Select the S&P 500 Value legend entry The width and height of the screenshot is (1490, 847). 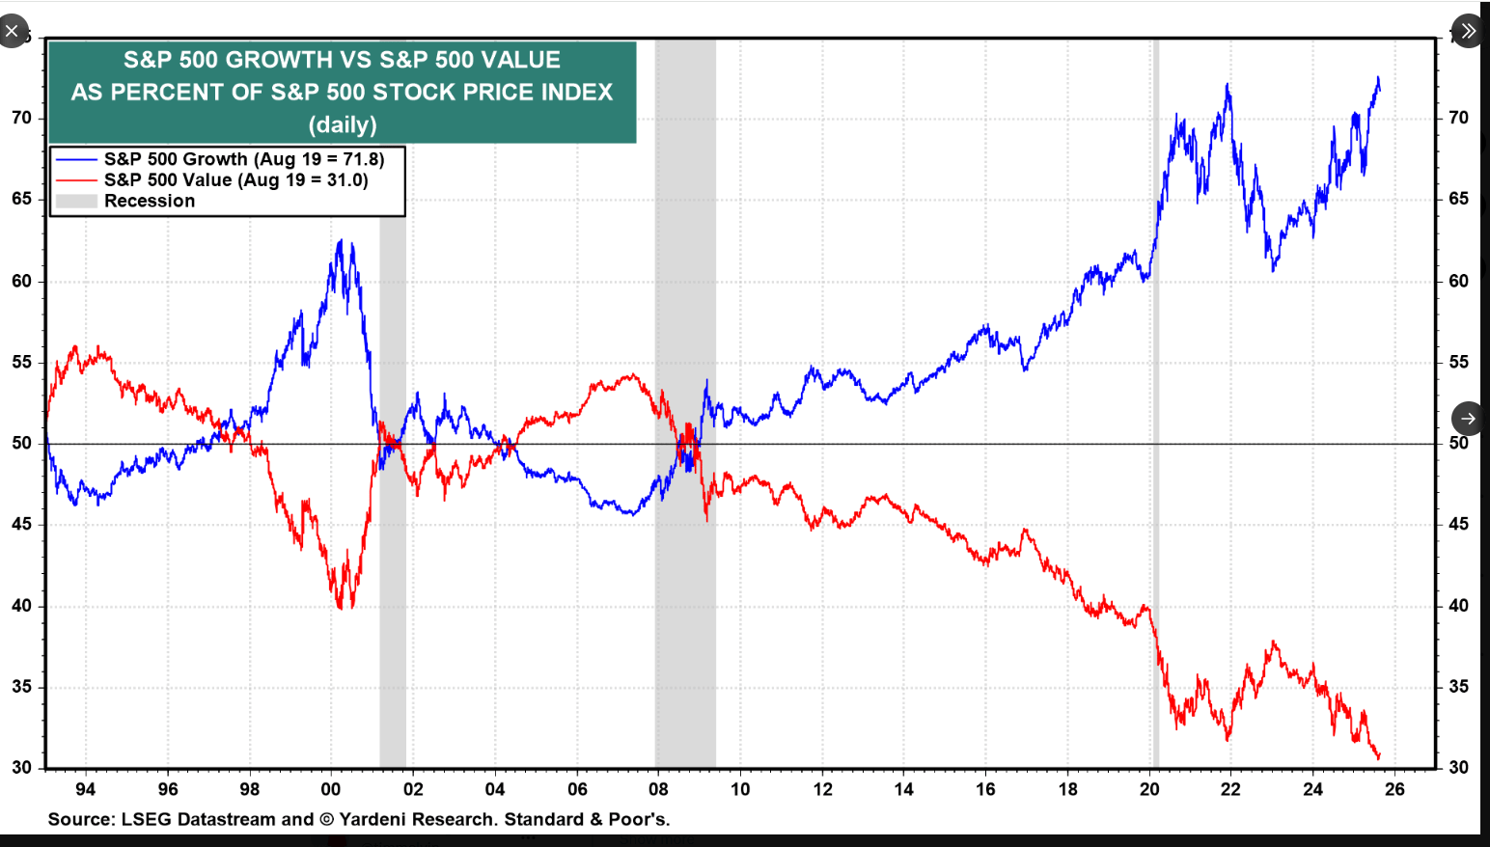coord(235,180)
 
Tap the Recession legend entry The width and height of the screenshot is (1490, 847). coord(149,201)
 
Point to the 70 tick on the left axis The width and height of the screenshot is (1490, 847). coord(21,118)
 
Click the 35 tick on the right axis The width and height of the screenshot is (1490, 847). coord(1458,687)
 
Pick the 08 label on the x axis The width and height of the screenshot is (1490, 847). coord(658,789)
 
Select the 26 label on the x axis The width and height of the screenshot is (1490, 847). coord(1394,789)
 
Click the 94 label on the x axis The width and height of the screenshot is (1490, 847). coord(86,789)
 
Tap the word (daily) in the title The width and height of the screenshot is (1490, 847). coord(343,124)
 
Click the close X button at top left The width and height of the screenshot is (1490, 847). coord(12,31)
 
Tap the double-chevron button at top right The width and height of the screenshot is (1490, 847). coord(1467,31)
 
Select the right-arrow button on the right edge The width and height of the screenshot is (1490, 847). coord(1467,419)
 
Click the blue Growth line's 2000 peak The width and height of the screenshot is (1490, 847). coord(340,241)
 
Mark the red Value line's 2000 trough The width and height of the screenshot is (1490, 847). coord(340,606)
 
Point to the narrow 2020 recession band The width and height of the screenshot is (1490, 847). coord(1155,405)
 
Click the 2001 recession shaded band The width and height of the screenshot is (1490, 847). coord(392,579)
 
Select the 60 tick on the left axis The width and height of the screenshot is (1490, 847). coord(21,281)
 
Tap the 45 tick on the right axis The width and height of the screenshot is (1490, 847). coord(1458,524)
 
